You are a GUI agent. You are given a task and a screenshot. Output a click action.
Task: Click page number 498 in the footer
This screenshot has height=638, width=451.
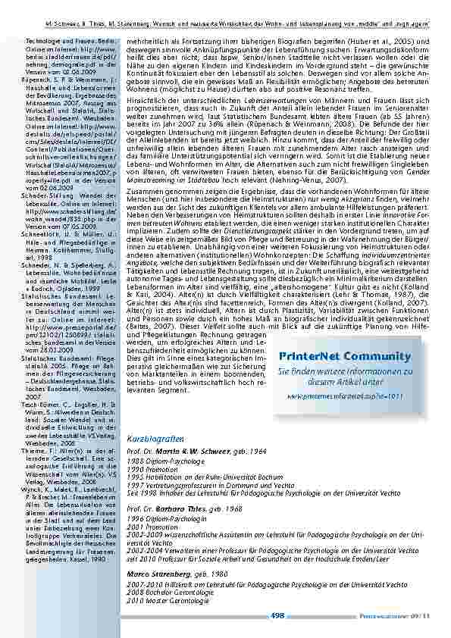[277, 616]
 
